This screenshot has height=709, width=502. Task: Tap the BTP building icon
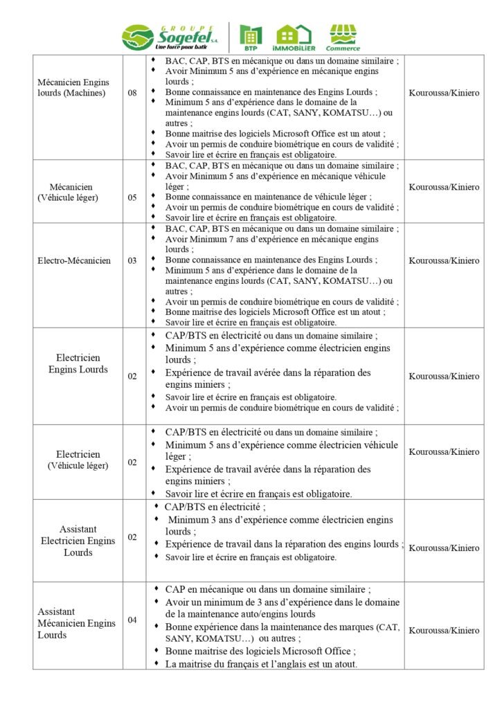click(251, 37)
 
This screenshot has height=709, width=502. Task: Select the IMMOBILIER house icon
click(294, 37)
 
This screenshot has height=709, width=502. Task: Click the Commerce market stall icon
click(343, 37)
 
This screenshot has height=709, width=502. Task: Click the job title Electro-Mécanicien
click(74, 261)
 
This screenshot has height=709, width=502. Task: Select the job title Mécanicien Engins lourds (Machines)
click(73, 88)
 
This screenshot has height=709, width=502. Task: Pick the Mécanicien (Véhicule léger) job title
click(73, 192)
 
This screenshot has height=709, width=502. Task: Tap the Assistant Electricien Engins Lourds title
click(78, 541)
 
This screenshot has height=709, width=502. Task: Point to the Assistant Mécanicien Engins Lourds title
click(76, 623)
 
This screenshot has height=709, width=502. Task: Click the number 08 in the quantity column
click(132, 93)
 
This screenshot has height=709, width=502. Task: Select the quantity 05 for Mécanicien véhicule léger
click(132, 197)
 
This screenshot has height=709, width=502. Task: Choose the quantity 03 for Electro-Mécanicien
click(132, 261)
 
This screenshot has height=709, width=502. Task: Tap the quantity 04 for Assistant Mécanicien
click(132, 620)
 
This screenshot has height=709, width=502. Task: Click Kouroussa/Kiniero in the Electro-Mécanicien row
click(444, 261)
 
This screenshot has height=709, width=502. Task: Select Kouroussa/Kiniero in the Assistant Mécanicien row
click(444, 631)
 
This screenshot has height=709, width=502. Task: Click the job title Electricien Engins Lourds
click(78, 364)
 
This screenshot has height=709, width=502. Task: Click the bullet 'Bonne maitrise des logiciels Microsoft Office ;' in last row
click(260, 652)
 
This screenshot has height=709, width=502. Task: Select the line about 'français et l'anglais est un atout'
click(261, 664)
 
